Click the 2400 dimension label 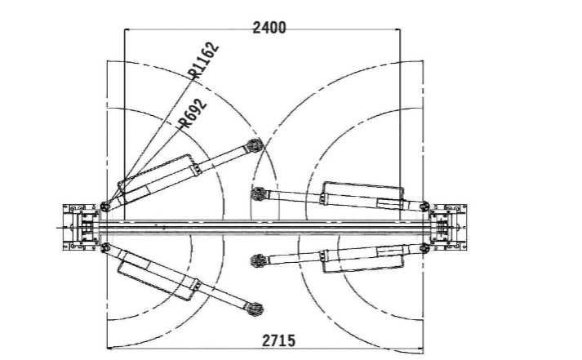[x=269, y=28]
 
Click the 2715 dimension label [x=278, y=340]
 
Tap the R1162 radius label [x=203, y=60]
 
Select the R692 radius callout [x=192, y=113]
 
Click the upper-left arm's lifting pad [x=255, y=145]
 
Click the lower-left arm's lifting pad [x=255, y=309]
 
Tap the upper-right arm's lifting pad [x=259, y=193]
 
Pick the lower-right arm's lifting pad [x=258, y=260]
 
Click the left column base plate [x=82, y=227]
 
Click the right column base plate [x=448, y=227]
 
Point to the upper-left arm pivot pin [x=105, y=207]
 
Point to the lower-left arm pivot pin [x=105, y=247]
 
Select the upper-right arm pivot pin [x=424, y=207]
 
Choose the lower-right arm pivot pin [x=424, y=247]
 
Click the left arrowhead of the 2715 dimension [x=110, y=348]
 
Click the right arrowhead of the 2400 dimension [x=397, y=29]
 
